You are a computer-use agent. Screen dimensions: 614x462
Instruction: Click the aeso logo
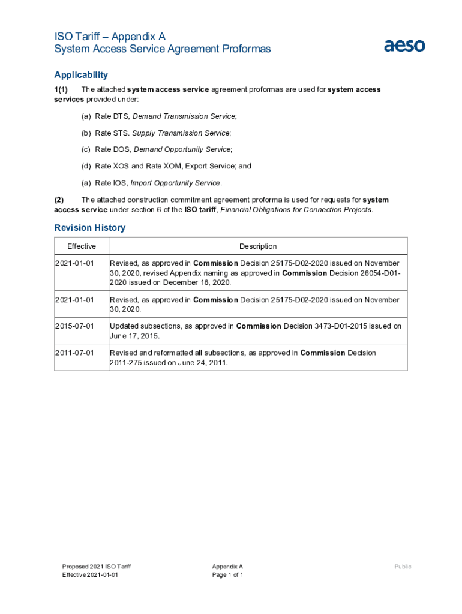[x=404, y=45]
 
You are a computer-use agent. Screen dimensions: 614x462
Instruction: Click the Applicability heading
[x=81, y=75]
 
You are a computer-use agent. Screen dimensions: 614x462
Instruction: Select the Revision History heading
[x=89, y=228]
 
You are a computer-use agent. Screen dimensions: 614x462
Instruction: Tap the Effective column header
[x=82, y=246]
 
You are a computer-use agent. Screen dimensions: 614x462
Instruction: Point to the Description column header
[x=258, y=246]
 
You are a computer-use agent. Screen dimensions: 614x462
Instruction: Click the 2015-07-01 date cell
[x=75, y=326]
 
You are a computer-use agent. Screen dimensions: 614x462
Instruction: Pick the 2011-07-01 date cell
[x=75, y=353]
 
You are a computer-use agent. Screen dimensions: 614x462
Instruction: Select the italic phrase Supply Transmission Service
[x=181, y=133]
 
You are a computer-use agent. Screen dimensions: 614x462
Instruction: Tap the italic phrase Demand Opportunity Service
[x=182, y=149]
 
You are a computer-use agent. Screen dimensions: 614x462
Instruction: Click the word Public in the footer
[x=403, y=567]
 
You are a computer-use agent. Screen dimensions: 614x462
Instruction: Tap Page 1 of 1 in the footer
[x=227, y=575]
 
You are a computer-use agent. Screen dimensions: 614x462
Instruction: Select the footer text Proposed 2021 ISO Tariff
[x=97, y=567]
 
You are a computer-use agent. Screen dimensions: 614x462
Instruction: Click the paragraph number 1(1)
[x=62, y=89]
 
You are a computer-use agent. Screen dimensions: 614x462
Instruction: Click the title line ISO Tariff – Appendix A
[x=110, y=37]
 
